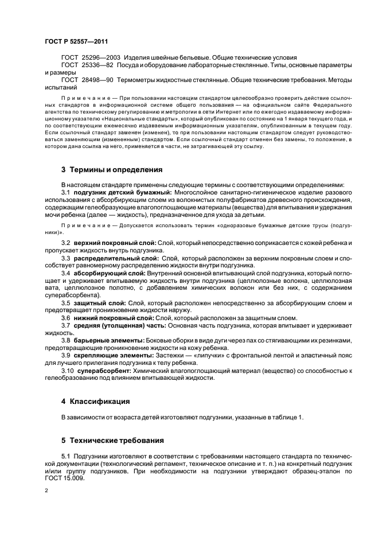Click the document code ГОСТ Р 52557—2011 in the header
click(76, 42)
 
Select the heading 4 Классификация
click(96, 400)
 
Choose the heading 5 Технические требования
click(112, 441)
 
